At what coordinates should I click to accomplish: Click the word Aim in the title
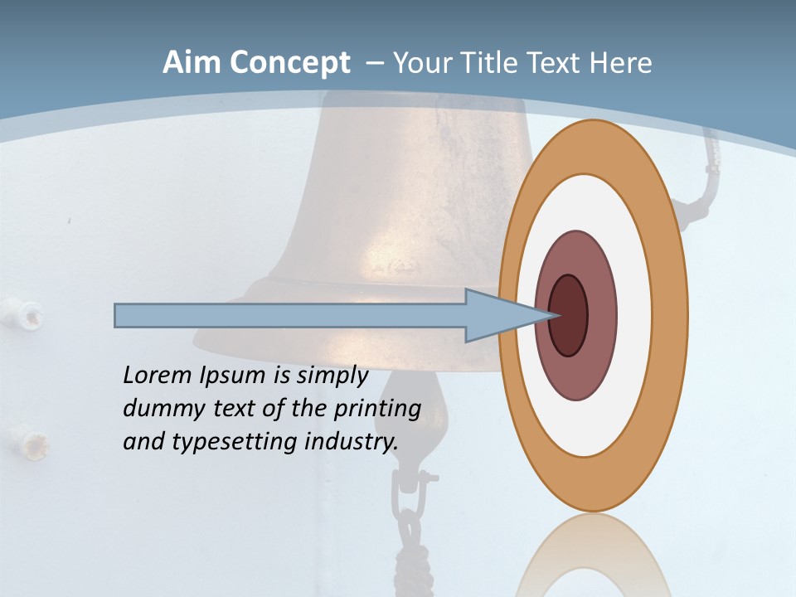coord(192,63)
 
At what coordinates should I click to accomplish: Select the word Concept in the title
coord(289,63)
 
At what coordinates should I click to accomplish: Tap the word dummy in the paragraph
coord(158,409)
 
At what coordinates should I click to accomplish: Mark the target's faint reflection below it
coord(593,556)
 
